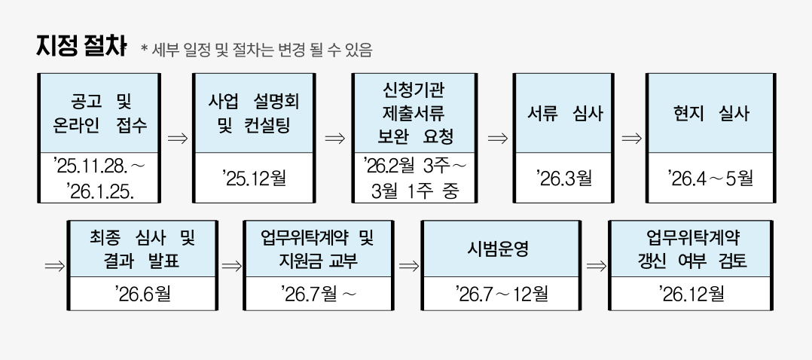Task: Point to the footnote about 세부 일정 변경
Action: (x=256, y=50)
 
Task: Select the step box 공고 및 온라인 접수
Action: (x=99, y=113)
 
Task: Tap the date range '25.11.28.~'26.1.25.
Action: (x=99, y=177)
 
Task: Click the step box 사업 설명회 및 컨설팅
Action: (x=254, y=113)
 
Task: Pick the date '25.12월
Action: (x=254, y=178)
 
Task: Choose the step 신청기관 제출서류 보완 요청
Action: (x=414, y=113)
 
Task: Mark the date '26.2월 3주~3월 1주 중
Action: (x=414, y=178)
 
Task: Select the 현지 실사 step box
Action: (x=711, y=113)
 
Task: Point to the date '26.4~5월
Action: (x=711, y=178)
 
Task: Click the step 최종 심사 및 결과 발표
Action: (x=142, y=249)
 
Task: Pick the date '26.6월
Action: (x=142, y=292)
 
